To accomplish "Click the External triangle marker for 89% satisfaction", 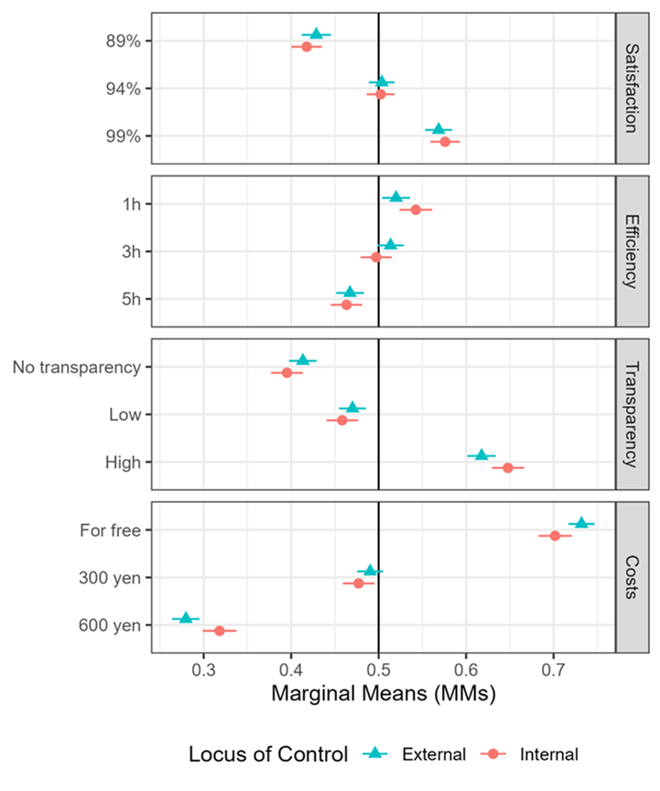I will tap(317, 35).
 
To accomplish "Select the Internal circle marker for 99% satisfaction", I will tap(445, 142).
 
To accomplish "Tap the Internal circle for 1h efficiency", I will tap(416, 209).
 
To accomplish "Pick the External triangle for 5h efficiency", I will tap(350, 293).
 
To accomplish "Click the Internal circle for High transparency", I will tap(508, 467).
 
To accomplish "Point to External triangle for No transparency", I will tap(303, 361).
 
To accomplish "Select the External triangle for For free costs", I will tap(581, 523).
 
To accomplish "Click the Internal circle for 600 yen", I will tap(220, 630).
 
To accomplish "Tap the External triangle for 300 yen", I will tap(370, 571).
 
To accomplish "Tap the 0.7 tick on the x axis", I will tap(553, 669).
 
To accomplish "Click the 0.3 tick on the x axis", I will tap(203, 669).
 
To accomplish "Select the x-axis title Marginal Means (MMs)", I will tap(384, 695).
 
